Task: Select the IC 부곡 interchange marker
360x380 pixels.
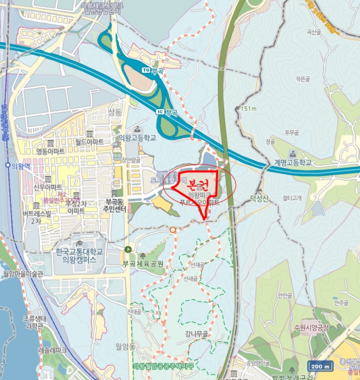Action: click(167, 112)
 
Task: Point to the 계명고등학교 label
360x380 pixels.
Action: click(293, 162)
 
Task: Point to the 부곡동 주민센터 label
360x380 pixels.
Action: click(115, 205)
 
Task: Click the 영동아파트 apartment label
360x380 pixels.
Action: click(50, 151)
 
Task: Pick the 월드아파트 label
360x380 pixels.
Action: click(90, 142)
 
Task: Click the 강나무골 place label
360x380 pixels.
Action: click(196, 334)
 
